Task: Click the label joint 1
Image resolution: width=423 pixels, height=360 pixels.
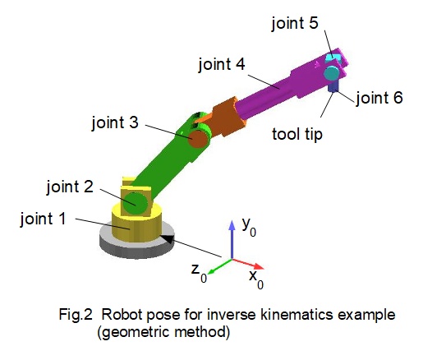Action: pyautogui.click(x=43, y=219)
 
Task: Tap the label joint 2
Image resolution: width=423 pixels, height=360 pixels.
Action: pyautogui.click(x=70, y=187)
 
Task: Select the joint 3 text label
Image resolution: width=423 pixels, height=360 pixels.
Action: pyautogui.click(x=115, y=122)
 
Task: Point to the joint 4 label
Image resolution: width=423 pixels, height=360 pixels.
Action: pyautogui.click(x=222, y=64)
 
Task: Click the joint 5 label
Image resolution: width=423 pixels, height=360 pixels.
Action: pyautogui.click(x=295, y=23)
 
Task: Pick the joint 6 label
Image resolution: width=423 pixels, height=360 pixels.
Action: pyautogui.click(x=379, y=98)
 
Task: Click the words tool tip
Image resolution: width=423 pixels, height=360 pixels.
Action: pyautogui.click(x=297, y=134)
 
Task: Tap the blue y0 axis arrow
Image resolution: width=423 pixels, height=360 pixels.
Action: pyautogui.click(x=232, y=239)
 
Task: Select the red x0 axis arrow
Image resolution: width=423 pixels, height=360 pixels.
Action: pyautogui.click(x=248, y=264)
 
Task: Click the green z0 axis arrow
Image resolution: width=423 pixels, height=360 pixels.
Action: pyautogui.click(x=220, y=266)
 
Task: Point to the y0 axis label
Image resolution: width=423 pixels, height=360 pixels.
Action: pyautogui.click(x=249, y=227)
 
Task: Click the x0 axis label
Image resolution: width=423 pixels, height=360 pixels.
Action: pyautogui.click(x=256, y=279)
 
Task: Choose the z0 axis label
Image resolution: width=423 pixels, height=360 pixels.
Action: pyautogui.click(x=199, y=273)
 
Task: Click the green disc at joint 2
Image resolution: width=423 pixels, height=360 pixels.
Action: pyautogui.click(x=135, y=204)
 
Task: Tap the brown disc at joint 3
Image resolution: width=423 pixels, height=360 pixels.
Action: pyautogui.click(x=196, y=139)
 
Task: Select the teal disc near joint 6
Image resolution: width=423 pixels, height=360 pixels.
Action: pyautogui.click(x=331, y=74)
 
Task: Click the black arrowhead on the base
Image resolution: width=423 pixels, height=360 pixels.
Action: pyautogui.click(x=168, y=239)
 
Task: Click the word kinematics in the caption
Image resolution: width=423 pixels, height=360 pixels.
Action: pyautogui.click(x=297, y=314)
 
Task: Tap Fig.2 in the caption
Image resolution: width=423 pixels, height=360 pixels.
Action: pyautogui.click(x=76, y=315)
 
